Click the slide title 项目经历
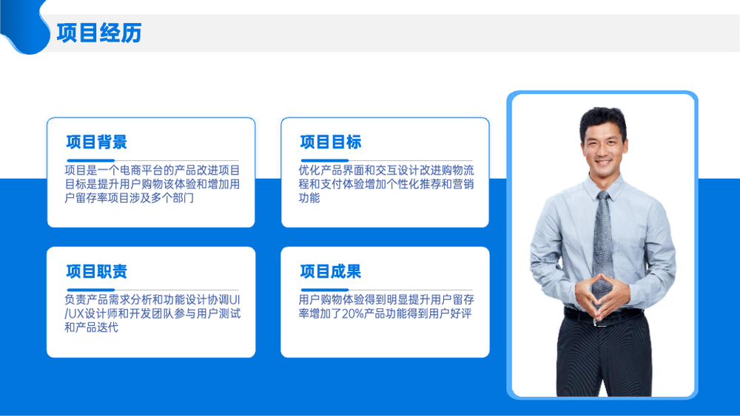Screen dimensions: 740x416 point(99,33)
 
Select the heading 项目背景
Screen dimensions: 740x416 point(97,142)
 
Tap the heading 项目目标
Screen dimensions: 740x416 point(331,142)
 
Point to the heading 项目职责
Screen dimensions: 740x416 point(97,271)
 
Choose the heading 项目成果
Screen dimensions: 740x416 point(331,271)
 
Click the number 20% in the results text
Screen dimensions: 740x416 point(352,314)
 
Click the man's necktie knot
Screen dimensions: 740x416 point(602,196)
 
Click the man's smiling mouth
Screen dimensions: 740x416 point(602,163)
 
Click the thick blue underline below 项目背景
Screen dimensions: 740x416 point(90,160)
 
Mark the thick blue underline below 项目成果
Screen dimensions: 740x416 point(325,290)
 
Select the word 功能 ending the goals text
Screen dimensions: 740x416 point(309,198)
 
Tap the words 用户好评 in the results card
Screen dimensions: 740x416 point(450,314)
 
